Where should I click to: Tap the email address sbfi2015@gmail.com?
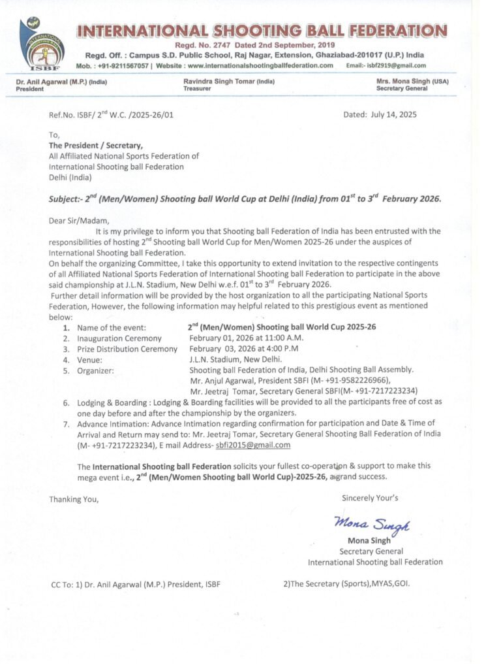pos(253,445)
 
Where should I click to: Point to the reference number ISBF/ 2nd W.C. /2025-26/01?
pos(112,115)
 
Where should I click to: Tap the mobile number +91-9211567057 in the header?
pos(123,65)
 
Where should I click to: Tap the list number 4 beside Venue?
pos(66,360)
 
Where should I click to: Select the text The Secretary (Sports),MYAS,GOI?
pos(346,583)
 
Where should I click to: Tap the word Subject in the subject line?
pos(66,199)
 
